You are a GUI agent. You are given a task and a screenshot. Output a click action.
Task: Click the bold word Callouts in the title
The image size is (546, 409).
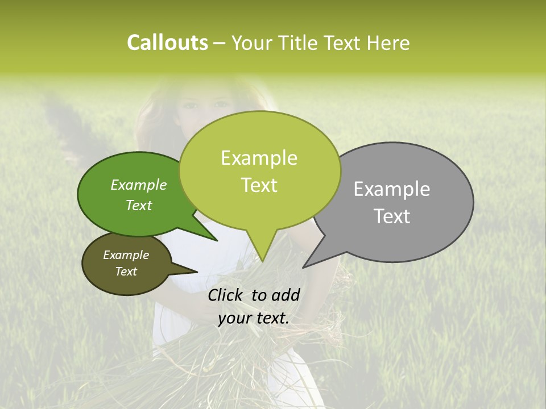(x=167, y=43)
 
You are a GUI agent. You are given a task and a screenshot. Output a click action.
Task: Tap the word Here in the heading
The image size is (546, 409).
(x=388, y=43)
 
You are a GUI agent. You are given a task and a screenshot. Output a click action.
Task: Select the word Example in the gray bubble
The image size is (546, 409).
(x=392, y=189)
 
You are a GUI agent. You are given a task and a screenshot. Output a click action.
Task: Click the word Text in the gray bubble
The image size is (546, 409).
(x=392, y=216)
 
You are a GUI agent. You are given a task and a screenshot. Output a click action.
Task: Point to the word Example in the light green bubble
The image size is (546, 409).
(x=259, y=158)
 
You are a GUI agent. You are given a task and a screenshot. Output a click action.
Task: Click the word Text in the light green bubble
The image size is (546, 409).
(x=259, y=185)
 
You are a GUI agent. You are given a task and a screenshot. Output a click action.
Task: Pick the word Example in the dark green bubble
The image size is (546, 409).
(x=139, y=185)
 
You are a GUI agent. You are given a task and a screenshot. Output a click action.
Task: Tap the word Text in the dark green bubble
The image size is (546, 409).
(x=139, y=205)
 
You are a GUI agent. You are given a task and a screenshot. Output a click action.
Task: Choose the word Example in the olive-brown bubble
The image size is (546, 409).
(x=126, y=255)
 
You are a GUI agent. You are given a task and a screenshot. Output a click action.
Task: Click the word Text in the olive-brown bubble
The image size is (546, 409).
(x=126, y=272)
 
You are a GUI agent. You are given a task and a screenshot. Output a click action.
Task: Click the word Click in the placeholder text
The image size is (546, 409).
(x=226, y=295)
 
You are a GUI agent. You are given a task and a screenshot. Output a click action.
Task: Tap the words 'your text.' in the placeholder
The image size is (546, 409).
(x=253, y=319)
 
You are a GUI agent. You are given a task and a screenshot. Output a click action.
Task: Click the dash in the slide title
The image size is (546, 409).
(x=220, y=43)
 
